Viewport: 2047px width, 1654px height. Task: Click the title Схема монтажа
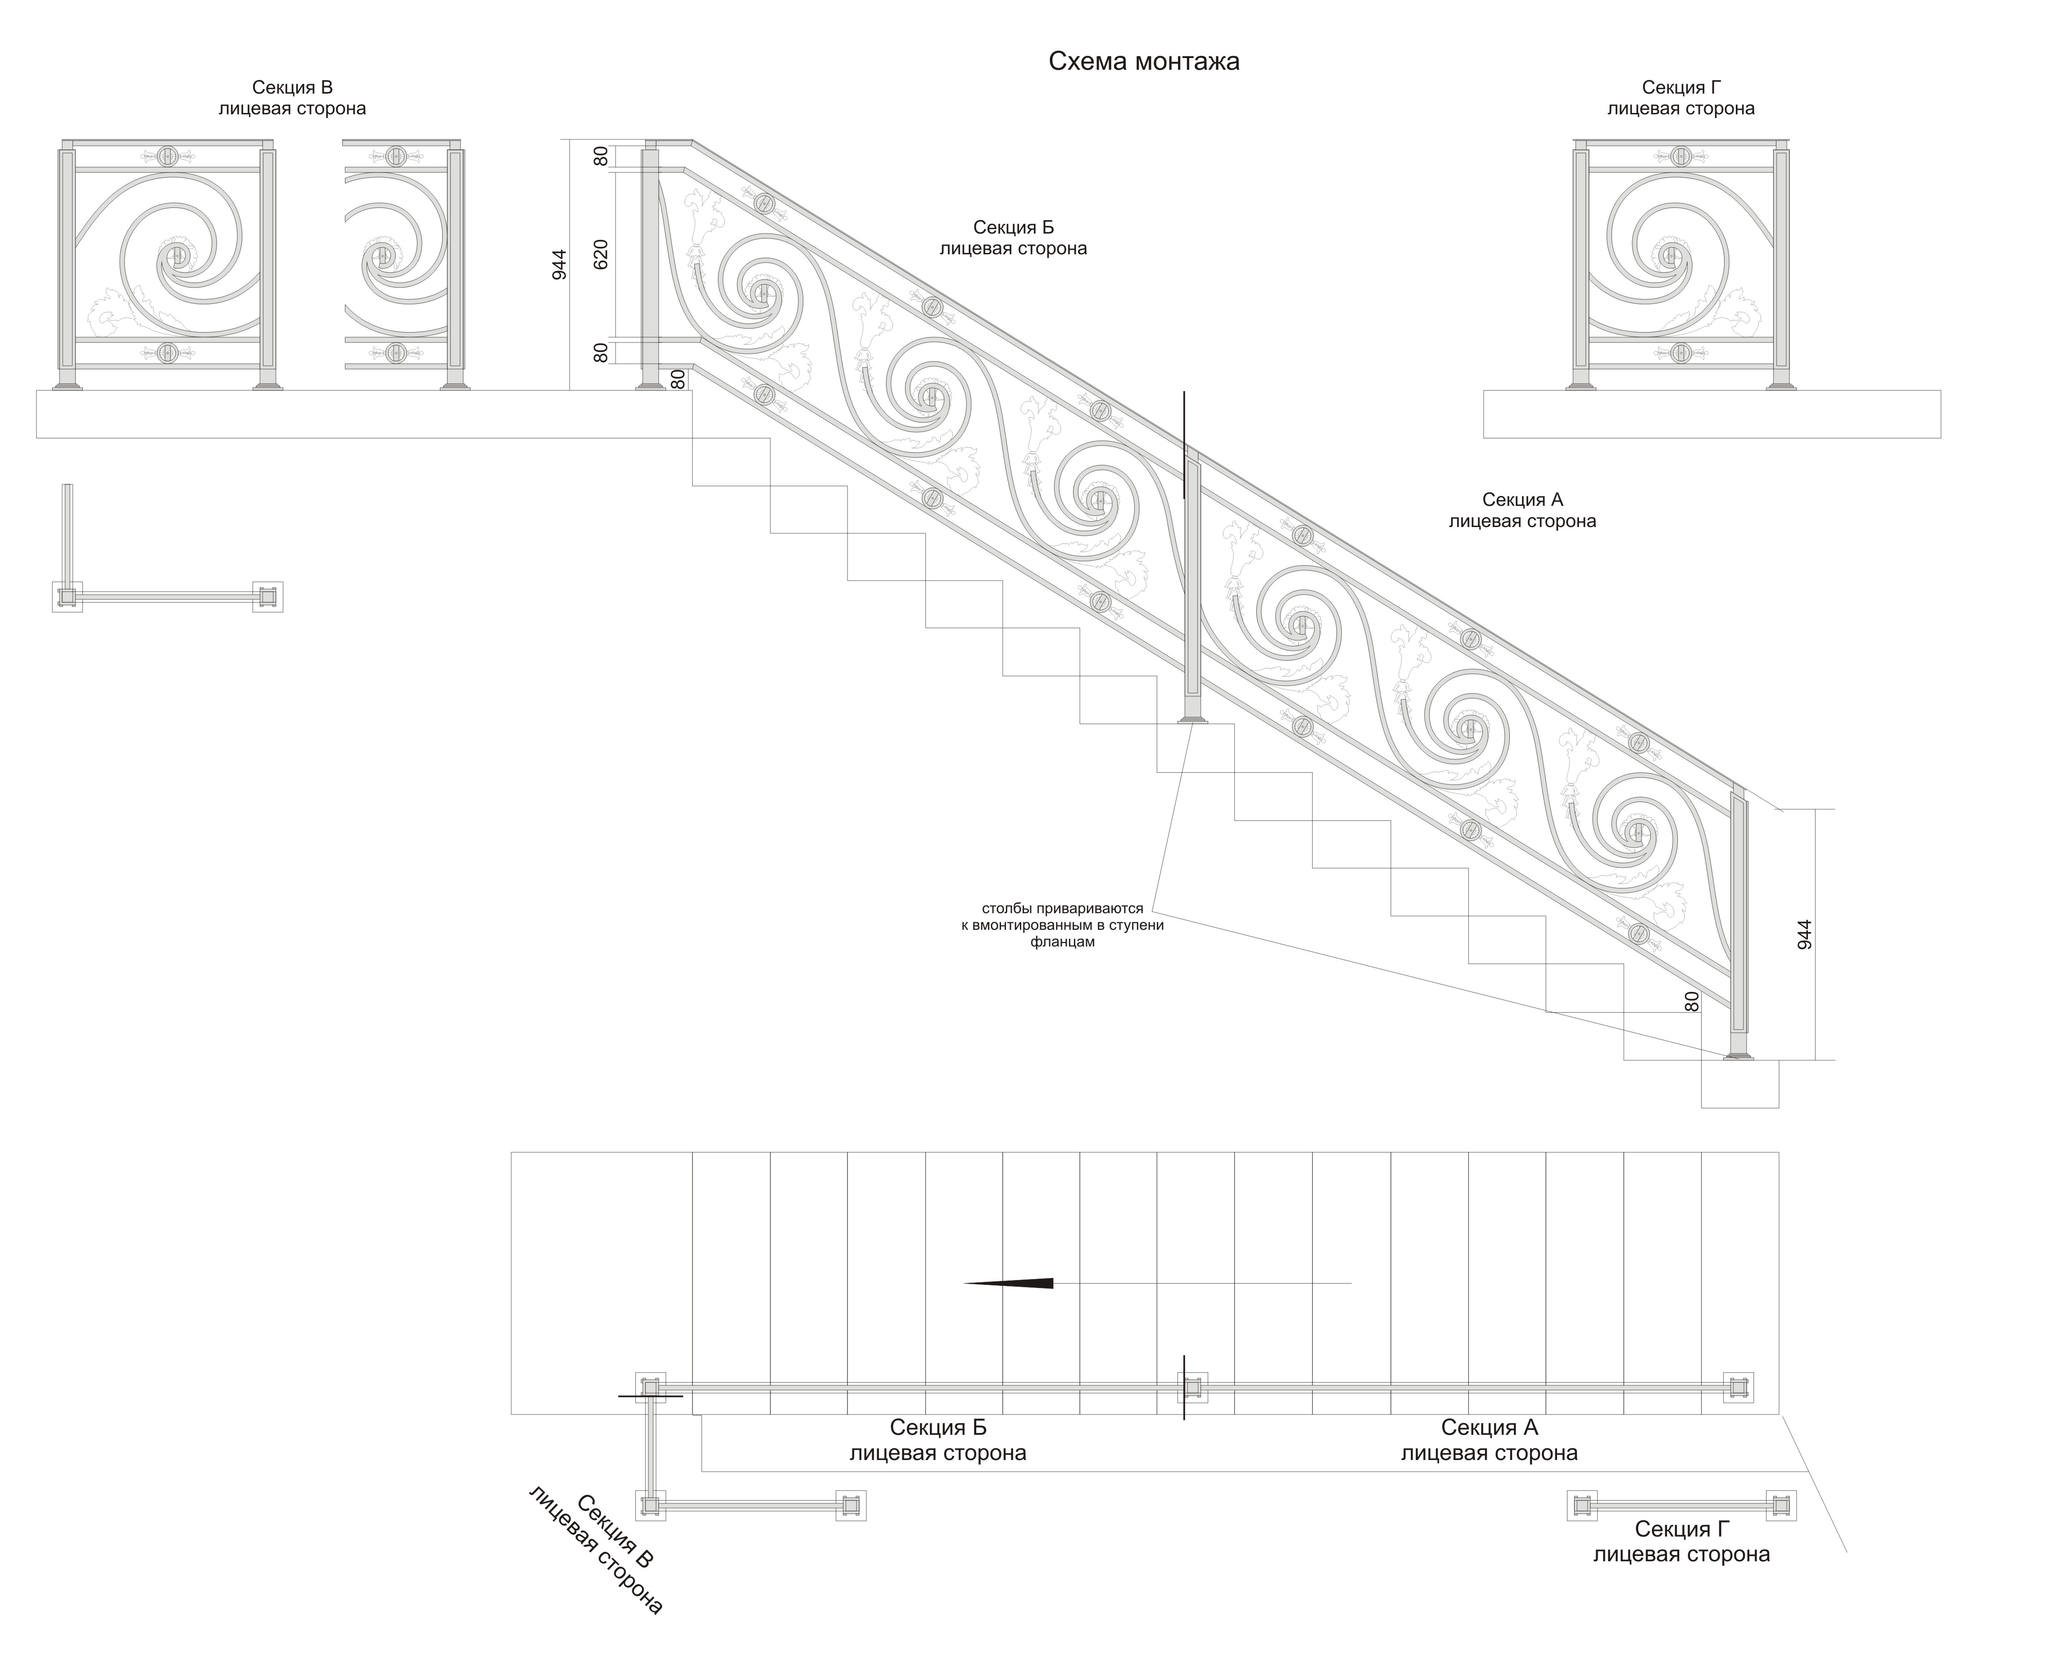[x=1144, y=62]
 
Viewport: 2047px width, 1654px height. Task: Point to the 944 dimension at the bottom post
[x=1804, y=934]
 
